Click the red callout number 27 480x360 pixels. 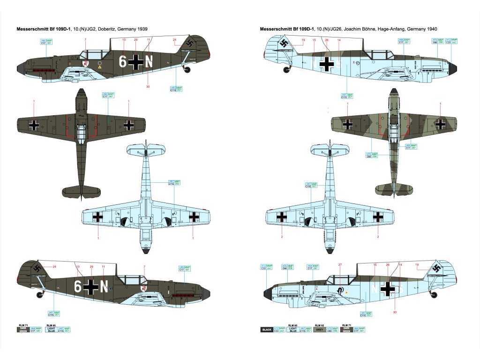coord(341,265)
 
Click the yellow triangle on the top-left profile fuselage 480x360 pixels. coord(99,67)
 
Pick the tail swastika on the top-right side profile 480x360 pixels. coord(284,45)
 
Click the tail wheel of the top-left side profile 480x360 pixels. coord(188,69)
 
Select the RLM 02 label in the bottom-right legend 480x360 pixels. coord(319,324)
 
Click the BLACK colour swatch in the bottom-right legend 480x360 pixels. coord(266,330)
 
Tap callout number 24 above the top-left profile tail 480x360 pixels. coord(174,40)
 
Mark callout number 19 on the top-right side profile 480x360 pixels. coord(303,40)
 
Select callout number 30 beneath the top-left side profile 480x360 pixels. coord(148,86)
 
